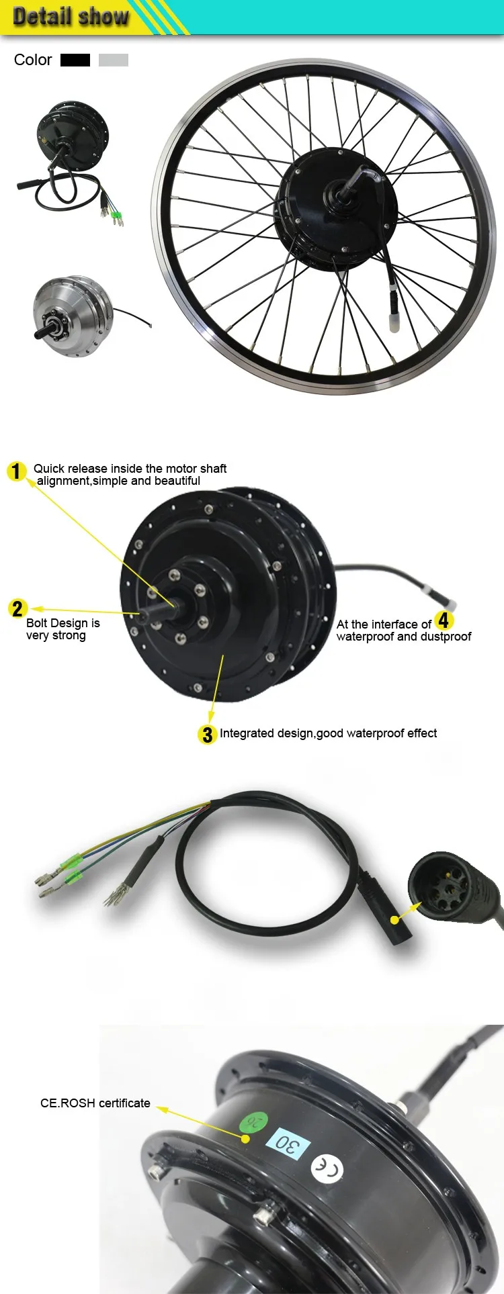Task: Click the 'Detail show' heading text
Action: tap(71, 16)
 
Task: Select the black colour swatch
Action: tap(75, 60)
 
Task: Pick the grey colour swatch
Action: tap(113, 60)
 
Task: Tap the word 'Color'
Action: tap(33, 60)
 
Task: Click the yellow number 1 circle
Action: tap(17, 471)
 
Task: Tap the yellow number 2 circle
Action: tap(17, 609)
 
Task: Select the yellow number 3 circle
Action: tap(207, 735)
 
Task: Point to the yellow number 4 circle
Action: tap(444, 620)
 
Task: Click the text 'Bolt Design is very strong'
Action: tap(62, 629)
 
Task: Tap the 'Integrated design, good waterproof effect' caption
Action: tap(328, 733)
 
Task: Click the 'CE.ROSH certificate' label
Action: tap(95, 1103)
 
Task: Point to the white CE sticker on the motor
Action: tap(327, 1167)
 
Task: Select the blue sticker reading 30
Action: tap(289, 1144)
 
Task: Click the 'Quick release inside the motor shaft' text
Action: tap(130, 469)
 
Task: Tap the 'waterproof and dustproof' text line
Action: tap(403, 637)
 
